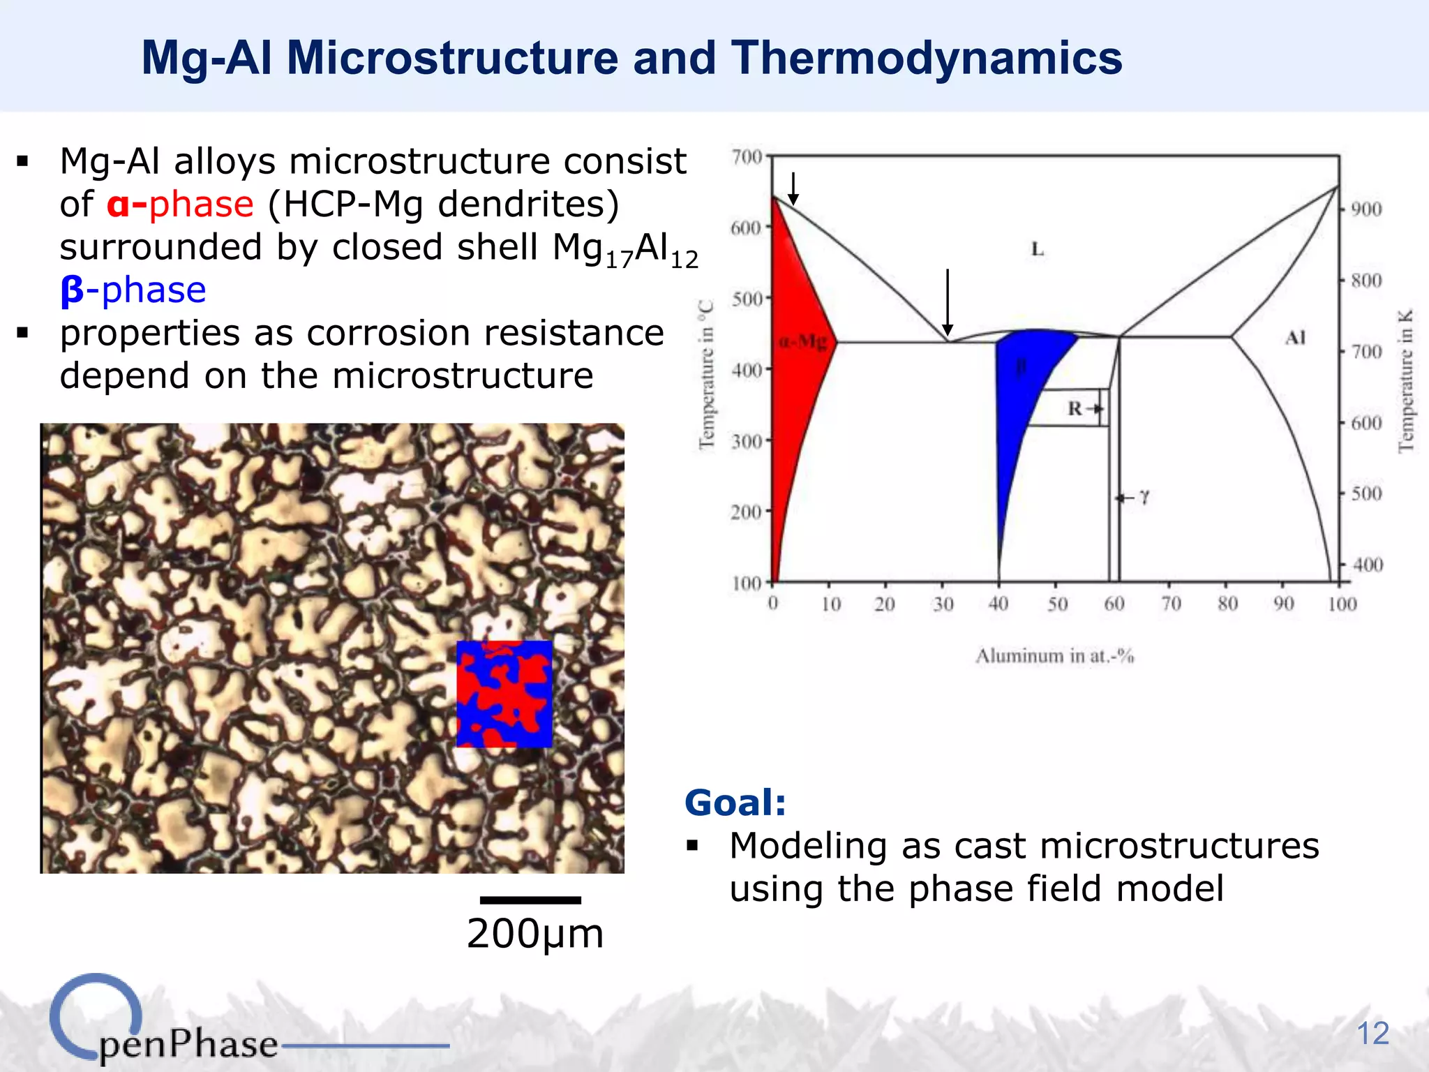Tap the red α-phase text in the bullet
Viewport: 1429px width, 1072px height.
point(180,204)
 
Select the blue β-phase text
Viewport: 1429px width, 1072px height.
point(133,290)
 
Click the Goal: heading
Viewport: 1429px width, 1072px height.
point(735,802)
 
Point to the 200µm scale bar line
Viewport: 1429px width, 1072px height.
point(530,900)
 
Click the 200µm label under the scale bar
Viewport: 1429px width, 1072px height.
point(534,934)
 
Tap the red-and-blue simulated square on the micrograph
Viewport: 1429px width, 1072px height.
point(504,694)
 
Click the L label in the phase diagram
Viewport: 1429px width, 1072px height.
point(1038,249)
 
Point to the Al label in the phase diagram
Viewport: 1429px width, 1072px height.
point(1295,338)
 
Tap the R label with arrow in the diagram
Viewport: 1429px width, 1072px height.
point(1084,408)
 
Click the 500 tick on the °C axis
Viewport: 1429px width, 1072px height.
point(747,299)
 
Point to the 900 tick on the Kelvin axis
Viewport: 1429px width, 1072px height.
point(1366,209)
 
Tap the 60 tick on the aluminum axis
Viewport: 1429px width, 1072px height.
point(1114,604)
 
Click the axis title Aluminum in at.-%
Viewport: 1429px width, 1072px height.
point(1054,656)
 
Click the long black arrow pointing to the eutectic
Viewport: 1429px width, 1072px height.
point(947,300)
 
